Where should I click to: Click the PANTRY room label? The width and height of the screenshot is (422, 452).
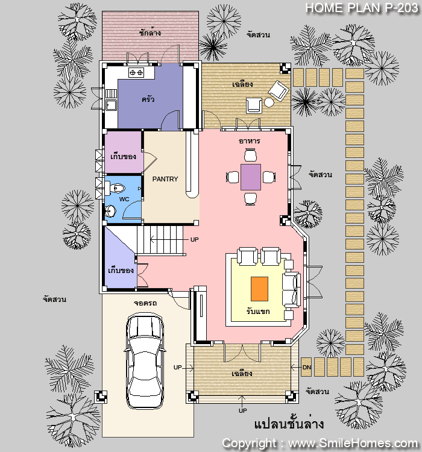tap(165, 179)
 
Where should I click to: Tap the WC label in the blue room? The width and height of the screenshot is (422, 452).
tap(124, 199)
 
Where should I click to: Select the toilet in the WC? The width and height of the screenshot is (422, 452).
tap(115, 188)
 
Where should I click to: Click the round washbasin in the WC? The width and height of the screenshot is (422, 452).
tap(110, 211)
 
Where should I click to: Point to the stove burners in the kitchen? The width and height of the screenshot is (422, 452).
tap(136, 73)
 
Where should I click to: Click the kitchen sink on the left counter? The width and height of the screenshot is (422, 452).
tap(111, 105)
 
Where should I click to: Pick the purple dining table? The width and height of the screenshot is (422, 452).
tap(251, 177)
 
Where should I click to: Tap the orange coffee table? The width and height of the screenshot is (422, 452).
tap(259, 289)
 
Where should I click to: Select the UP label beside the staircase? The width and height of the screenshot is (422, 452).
tap(194, 239)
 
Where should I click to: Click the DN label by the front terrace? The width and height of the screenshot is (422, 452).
tap(307, 367)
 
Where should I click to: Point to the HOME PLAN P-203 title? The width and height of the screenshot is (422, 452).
tap(362, 8)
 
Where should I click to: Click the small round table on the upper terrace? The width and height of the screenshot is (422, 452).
tap(269, 102)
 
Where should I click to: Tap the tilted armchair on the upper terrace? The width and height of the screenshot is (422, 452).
tap(279, 90)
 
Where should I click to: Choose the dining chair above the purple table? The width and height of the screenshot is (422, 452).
tap(250, 155)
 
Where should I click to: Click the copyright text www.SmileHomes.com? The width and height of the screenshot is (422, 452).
tap(320, 443)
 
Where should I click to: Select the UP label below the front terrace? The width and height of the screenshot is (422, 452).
tap(242, 410)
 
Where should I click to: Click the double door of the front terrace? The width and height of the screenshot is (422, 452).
tap(242, 352)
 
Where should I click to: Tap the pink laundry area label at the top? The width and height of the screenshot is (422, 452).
tap(150, 33)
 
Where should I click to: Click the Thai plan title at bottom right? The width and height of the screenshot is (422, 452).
tap(289, 424)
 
